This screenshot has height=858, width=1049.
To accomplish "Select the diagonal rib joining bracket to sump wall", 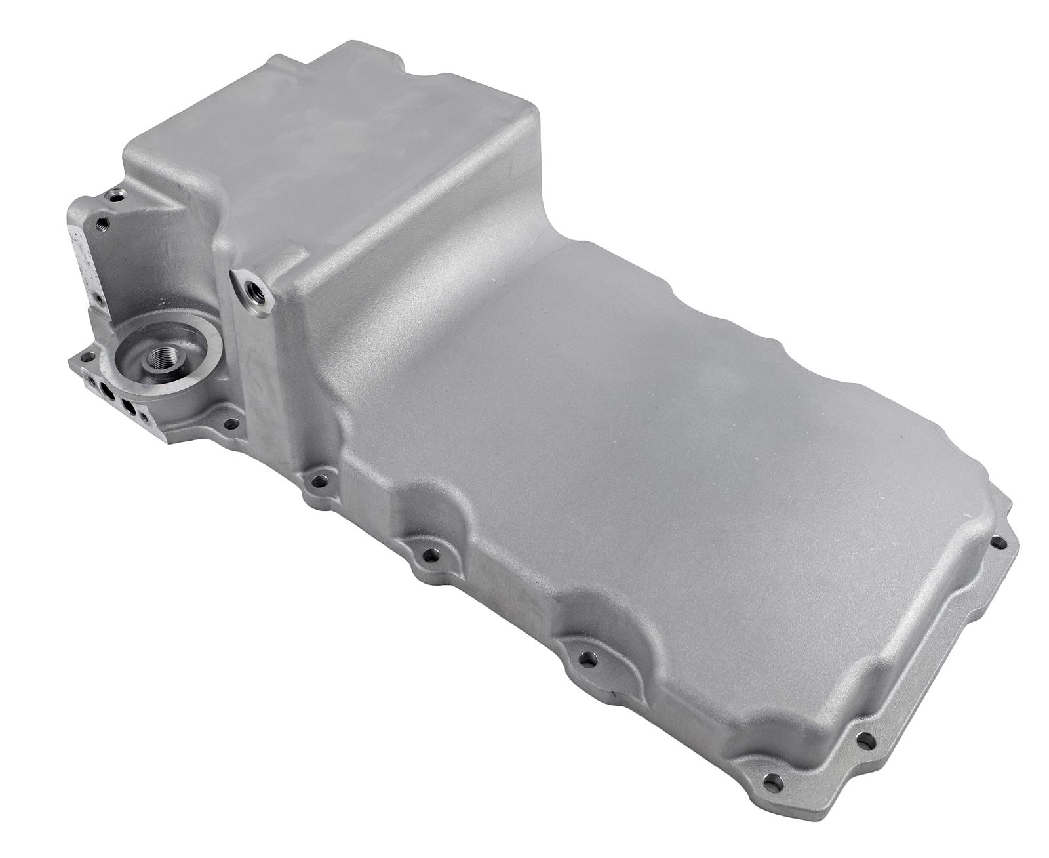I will coord(154,210).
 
